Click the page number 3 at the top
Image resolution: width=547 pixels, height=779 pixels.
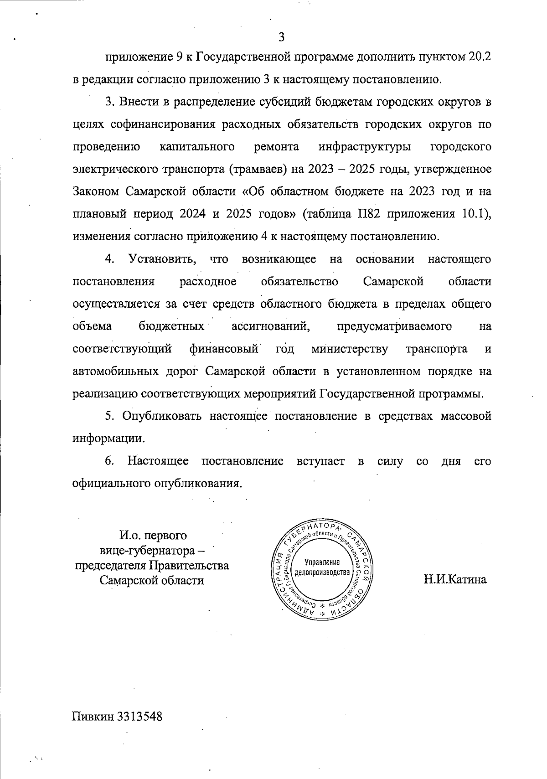click(x=281, y=37)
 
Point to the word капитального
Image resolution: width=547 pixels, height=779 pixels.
click(x=197, y=147)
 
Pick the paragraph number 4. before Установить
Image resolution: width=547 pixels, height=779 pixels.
click(x=109, y=259)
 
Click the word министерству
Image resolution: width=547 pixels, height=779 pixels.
click(x=350, y=349)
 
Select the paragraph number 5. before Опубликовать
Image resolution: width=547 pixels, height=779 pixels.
click(x=109, y=416)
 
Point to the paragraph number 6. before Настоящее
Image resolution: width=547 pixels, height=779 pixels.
click(x=109, y=461)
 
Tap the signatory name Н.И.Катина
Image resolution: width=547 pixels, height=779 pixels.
click(x=455, y=580)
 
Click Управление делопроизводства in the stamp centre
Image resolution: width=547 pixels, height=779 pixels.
click(x=322, y=566)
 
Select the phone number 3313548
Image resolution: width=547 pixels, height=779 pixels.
click(x=140, y=716)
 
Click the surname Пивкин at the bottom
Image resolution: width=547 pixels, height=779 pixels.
click(x=93, y=716)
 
